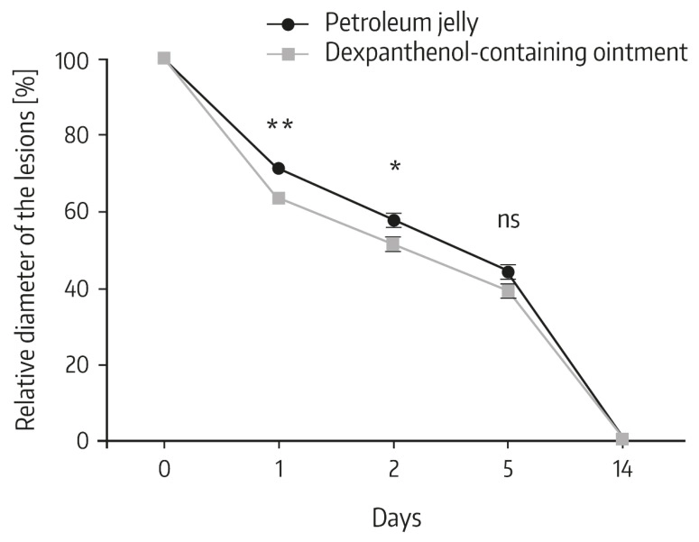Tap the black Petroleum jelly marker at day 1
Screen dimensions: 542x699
coord(279,169)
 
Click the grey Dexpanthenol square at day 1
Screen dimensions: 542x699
coord(279,198)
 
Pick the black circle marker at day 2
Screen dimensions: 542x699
coord(393,220)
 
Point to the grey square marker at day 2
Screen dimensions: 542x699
coord(393,244)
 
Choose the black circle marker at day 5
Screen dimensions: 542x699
coord(508,271)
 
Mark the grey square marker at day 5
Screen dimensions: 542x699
coord(508,290)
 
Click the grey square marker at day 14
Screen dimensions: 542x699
coord(622,439)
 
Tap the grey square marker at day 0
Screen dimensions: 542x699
coord(163,59)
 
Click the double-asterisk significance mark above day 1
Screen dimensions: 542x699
coord(280,125)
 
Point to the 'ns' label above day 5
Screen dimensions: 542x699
coord(509,220)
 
